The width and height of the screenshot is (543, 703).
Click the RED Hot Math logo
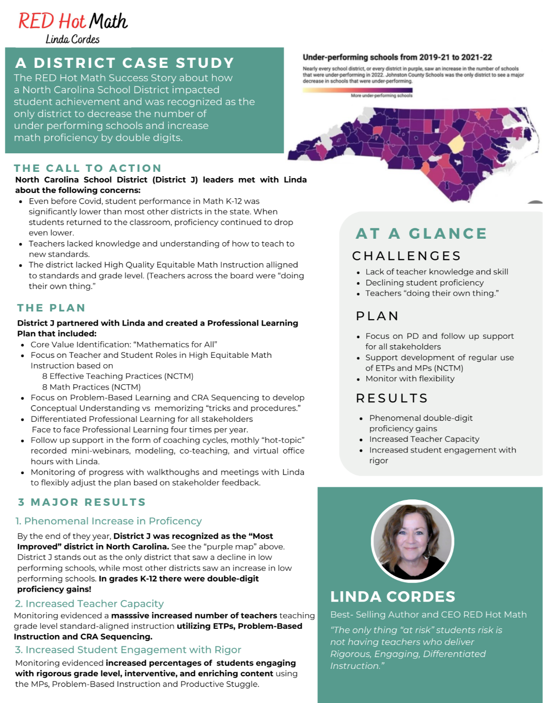click(x=73, y=21)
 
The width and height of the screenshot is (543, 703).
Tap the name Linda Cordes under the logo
click(x=72, y=40)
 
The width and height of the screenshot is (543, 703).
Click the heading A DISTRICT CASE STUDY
click(x=125, y=63)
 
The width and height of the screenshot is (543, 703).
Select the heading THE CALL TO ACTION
click(x=87, y=168)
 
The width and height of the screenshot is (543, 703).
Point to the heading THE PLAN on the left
click(x=51, y=308)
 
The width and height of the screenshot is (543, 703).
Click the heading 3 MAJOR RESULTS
click(x=82, y=502)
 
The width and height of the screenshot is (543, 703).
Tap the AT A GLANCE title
click(x=421, y=233)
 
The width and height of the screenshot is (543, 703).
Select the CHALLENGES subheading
click(x=406, y=256)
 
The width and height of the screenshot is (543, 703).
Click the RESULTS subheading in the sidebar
click(x=392, y=398)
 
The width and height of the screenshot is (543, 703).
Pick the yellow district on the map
click(x=457, y=145)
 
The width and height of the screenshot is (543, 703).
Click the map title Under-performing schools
click(x=397, y=57)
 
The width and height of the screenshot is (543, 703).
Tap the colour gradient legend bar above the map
click(x=357, y=90)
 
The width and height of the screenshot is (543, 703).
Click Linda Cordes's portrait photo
click(x=413, y=541)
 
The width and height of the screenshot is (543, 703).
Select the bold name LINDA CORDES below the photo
click(x=393, y=597)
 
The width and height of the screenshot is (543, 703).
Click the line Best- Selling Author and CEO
click(x=428, y=615)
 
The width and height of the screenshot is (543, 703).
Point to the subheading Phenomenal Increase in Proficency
click(x=108, y=521)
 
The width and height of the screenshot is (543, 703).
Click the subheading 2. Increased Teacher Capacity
click(x=89, y=604)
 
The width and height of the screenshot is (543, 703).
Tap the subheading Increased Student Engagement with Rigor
click(x=128, y=650)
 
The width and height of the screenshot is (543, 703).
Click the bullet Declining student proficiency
click(x=424, y=283)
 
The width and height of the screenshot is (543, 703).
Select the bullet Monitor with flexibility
click(x=410, y=379)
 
